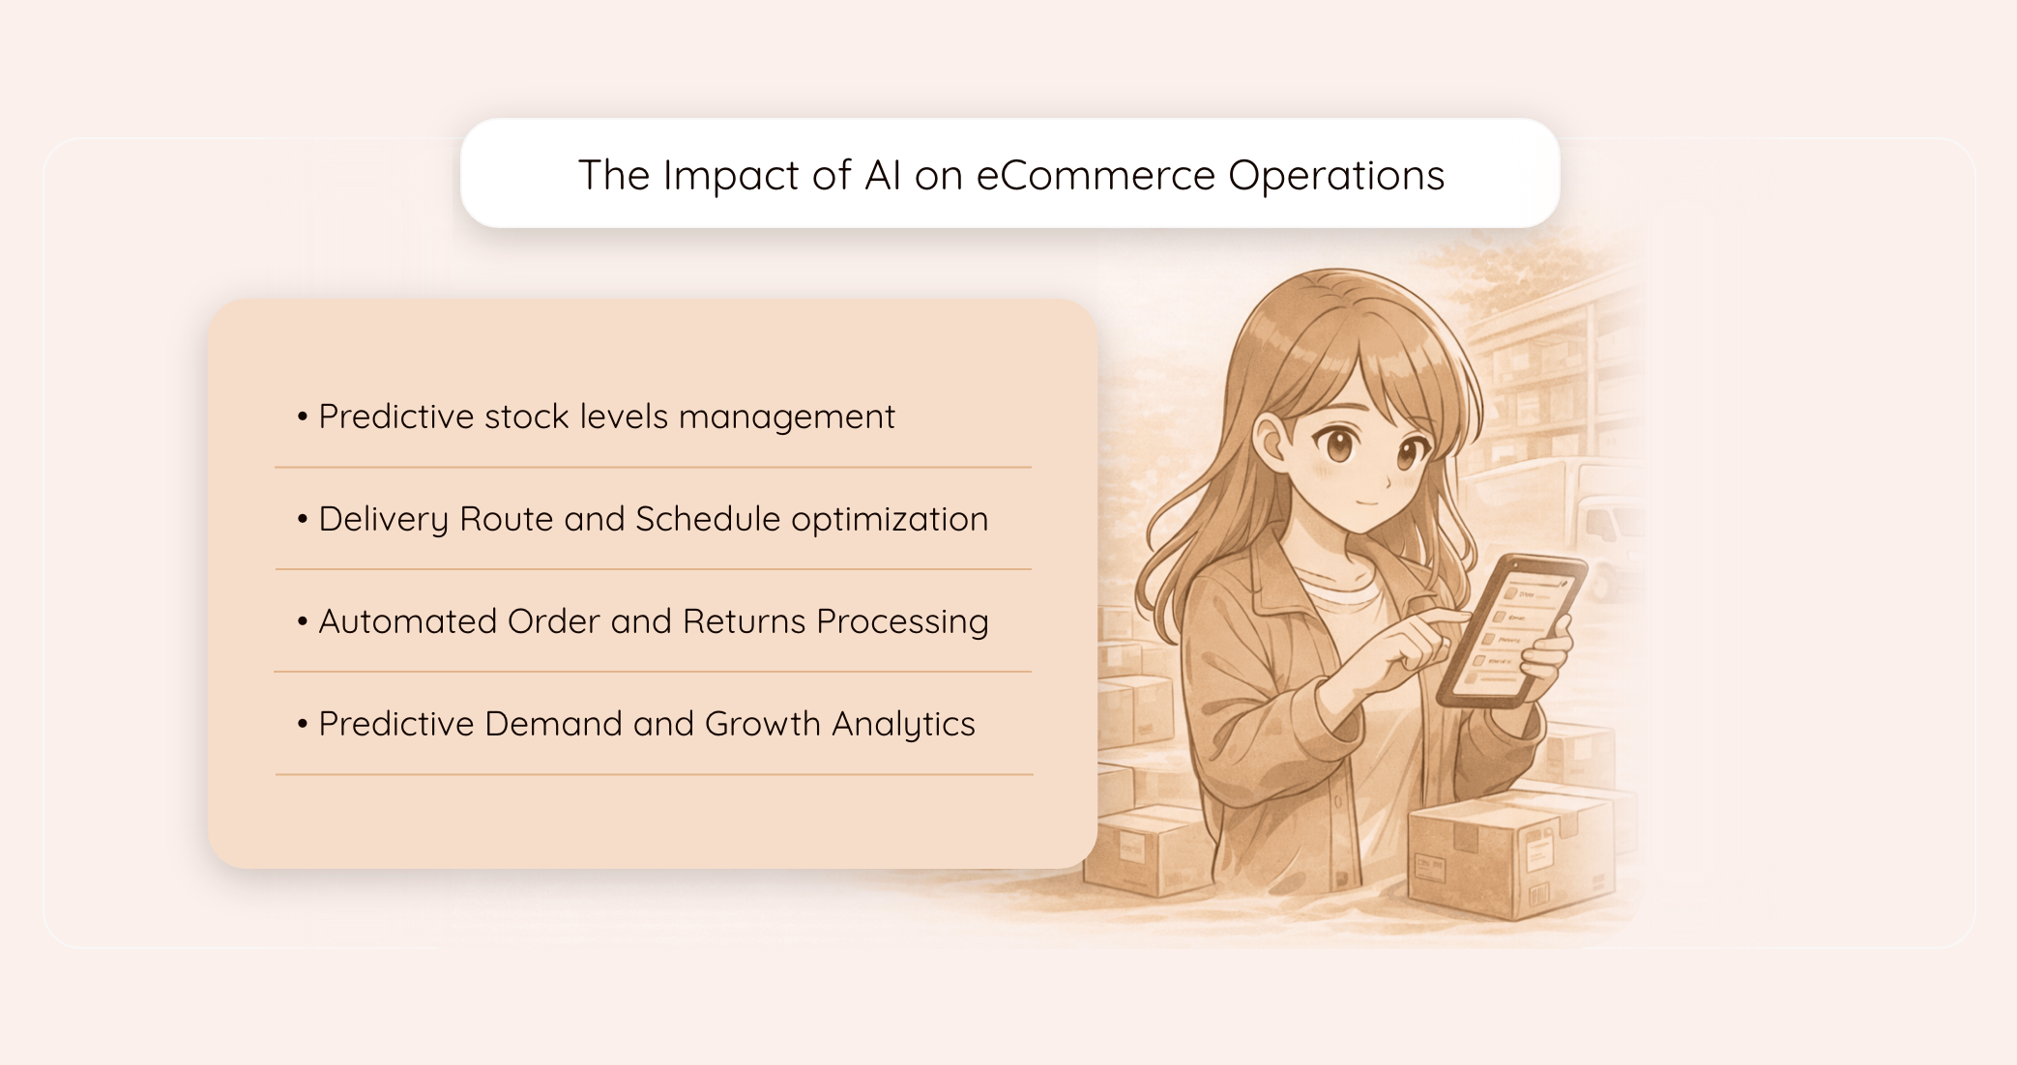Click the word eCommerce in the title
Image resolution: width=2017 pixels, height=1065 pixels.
(x=1096, y=176)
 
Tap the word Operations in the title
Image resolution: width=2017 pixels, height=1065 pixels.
(x=1336, y=176)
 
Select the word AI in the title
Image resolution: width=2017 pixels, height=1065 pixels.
(x=883, y=176)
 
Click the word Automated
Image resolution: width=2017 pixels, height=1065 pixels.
(x=407, y=621)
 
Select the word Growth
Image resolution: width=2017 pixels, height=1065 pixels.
(x=762, y=724)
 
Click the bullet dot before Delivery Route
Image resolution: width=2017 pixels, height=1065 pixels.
(x=303, y=519)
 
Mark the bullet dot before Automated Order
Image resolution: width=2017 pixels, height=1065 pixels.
(x=303, y=621)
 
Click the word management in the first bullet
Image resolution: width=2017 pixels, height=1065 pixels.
(x=787, y=417)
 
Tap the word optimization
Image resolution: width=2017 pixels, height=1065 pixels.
(x=890, y=519)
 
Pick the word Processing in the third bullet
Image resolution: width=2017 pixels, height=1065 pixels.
(x=902, y=621)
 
